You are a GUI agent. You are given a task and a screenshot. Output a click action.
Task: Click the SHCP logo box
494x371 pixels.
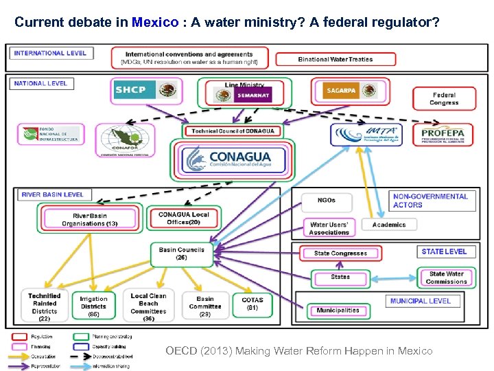coord(145,91)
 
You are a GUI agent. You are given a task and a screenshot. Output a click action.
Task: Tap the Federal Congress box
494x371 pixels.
coord(444,99)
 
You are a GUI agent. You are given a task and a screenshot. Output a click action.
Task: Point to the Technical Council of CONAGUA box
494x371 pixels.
coord(233,131)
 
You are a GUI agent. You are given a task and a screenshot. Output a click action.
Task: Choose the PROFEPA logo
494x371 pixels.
coord(443,134)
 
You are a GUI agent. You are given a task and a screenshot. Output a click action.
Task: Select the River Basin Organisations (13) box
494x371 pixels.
coord(89,220)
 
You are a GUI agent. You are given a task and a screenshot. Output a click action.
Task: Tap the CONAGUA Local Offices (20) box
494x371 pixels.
coord(184,218)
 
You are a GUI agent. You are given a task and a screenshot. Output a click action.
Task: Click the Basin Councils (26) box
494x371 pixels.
coord(181,254)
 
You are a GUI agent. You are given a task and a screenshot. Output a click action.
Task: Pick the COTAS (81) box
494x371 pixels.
coord(252,304)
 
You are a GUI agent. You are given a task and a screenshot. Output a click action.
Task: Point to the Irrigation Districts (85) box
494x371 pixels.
coord(93,306)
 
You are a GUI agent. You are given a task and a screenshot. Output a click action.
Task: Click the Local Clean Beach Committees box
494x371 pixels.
coord(148,307)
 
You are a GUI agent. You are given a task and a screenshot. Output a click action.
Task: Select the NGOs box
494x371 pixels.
coord(327,201)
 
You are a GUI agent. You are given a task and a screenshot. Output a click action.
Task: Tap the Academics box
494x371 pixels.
coord(389,225)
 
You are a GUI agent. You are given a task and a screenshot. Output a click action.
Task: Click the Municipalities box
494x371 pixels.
coord(338,311)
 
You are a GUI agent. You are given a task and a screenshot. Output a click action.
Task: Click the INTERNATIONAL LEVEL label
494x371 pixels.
coord(51,53)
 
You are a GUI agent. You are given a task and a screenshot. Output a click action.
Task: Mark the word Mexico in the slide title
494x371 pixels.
coord(155,22)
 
